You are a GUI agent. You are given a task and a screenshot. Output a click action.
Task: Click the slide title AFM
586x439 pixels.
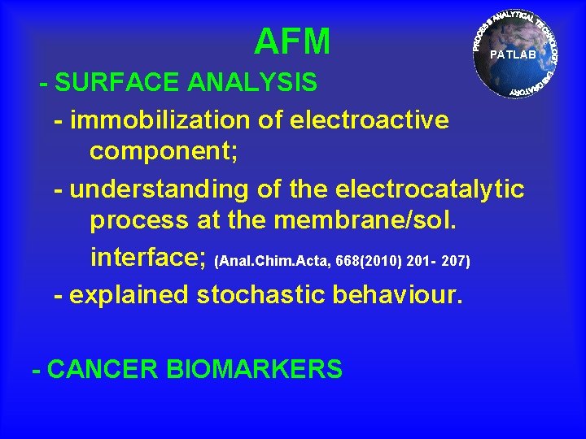coord(292,41)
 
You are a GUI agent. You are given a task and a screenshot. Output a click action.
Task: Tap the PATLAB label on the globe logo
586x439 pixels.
coord(513,55)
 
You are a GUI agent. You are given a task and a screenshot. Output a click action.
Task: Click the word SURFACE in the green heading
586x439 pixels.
coord(119,83)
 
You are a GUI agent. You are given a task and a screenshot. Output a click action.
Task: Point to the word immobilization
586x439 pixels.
coord(161,120)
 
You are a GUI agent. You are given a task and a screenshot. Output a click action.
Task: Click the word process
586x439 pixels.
coord(138,221)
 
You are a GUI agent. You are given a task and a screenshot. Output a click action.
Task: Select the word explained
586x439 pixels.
coord(129,295)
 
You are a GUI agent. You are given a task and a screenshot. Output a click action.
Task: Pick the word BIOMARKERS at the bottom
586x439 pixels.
coord(254,370)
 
